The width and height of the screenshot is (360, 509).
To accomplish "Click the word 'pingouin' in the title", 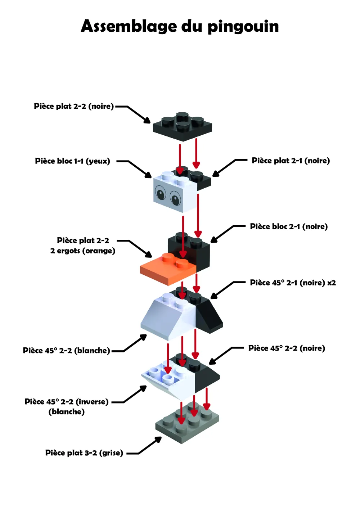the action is pyautogui.click(x=243, y=27).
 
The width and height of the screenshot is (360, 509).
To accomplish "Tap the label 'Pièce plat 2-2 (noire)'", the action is pyautogui.click(x=74, y=106).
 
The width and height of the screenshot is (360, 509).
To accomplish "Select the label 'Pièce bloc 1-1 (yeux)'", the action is pyautogui.click(x=72, y=161).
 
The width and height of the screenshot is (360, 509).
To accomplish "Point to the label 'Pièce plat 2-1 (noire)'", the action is pyautogui.click(x=291, y=161).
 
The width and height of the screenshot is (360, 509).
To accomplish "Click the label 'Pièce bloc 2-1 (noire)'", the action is pyautogui.click(x=289, y=226).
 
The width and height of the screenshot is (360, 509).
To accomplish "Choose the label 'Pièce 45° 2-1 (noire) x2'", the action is pyautogui.click(x=293, y=283).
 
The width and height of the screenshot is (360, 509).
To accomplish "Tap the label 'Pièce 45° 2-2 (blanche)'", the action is pyautogui.click(x=66, y=350).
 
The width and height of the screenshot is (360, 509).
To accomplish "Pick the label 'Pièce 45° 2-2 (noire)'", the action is pyautogui.click(x=287, y=348).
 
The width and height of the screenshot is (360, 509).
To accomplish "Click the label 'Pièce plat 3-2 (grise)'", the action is pyautogui.click(x=84, y=453).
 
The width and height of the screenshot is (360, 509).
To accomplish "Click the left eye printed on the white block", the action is pyautogui.click(x=161, y=193).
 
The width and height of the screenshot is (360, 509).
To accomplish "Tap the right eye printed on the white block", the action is pyautogui.click(x=175, y=198).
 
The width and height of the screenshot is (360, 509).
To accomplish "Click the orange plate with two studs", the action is pyautogui.click(x=168, y=269).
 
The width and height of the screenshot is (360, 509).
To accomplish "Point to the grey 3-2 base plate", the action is pyautogui.click(x=187, y=422).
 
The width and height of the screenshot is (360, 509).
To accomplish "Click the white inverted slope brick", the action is pyautogui.click(x=168, y=381).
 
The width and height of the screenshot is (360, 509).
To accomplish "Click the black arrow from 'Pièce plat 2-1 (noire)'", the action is pyautogui.click(x=230, y=168).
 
